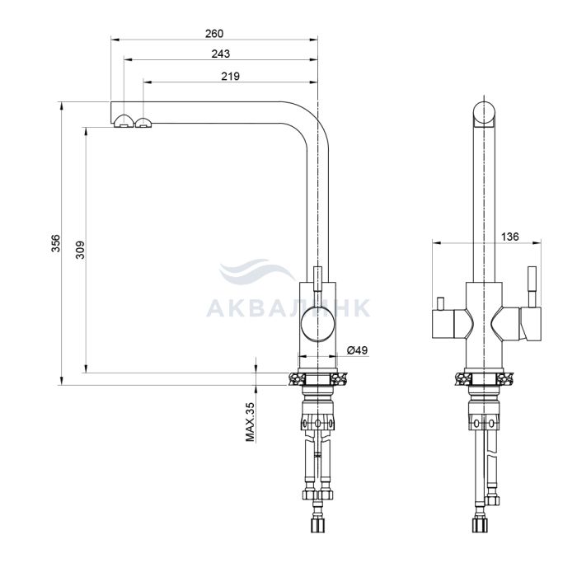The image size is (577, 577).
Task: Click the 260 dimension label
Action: click(214, 34)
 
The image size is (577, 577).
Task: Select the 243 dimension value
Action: click(221, 54)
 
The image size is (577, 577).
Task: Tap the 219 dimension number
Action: click(230, 76)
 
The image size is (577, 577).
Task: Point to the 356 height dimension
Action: click(55, 243)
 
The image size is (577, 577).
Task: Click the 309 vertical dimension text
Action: click(80, 250)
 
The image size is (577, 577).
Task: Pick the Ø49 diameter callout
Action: click(357, 350)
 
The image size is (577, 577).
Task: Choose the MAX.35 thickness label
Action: click(251, 422)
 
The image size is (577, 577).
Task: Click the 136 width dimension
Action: click(510, 237)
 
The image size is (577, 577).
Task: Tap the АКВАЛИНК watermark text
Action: click(288, 308)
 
